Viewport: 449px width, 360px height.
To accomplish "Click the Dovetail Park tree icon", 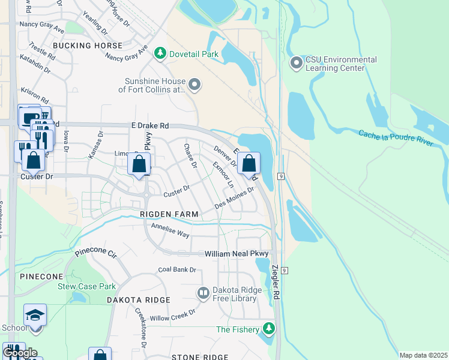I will (x=160, y=54).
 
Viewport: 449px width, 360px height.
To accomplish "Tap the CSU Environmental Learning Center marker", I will (x=297, y=62).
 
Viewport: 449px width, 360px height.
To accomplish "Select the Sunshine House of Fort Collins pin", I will (x=194, y=85).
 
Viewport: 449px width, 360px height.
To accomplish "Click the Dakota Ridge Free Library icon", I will (x=203, y=293).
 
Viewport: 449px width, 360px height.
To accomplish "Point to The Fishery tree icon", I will (x=270, y=329).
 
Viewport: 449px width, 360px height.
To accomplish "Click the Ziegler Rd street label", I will (x=276, y=283).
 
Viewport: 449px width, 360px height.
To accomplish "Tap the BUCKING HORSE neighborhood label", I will (x=88, y=46).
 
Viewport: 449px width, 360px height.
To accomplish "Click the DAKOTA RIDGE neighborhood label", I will (x=139, y=299).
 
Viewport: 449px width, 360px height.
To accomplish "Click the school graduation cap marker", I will (x=35, y=314).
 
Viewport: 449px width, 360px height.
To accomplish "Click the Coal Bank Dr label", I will (x=177, y=269).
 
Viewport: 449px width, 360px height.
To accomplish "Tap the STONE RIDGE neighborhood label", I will (x=200, y=357).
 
